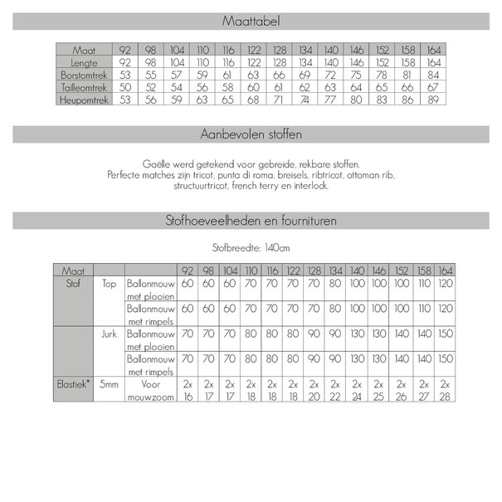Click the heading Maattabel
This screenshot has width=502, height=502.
click(251, 18)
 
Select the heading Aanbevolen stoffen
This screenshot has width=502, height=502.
click(251, 134)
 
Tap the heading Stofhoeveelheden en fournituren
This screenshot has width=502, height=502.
click(251, 221)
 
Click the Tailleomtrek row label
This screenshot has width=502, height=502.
click(80, 87)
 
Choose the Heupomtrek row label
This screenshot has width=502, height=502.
click(80, 100)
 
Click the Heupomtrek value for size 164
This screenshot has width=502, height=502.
click(433, 100)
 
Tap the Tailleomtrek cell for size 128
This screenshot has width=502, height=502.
click(280, 87)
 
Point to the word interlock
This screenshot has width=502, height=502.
click(310, 186)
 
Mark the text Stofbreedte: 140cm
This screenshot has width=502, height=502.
click(251, 246)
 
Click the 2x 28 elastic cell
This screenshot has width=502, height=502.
click(446, 391)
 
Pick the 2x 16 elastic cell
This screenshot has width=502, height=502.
click(187, 391)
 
